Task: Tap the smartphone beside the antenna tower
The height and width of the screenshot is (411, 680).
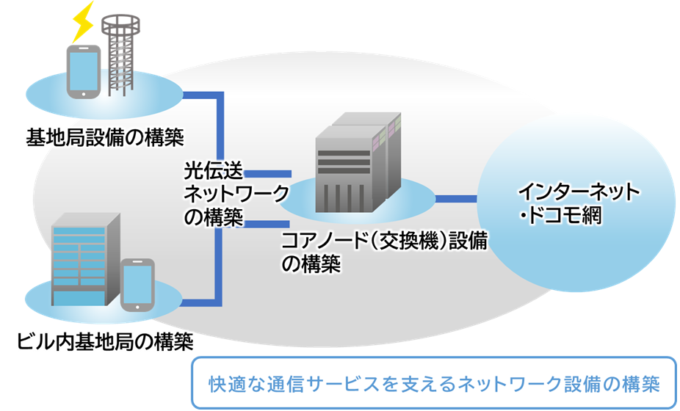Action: pos(82,71)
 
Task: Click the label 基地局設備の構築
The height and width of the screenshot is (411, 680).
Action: pos(104,136)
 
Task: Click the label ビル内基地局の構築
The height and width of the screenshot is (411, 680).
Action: pos(104,342)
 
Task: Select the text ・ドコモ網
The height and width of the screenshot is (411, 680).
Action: pos(559,217)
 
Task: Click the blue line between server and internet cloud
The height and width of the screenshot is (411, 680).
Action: pos(456,198)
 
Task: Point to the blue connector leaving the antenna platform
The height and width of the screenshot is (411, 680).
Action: pos(202,95)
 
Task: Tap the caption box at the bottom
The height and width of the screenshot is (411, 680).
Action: pos(433,383)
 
